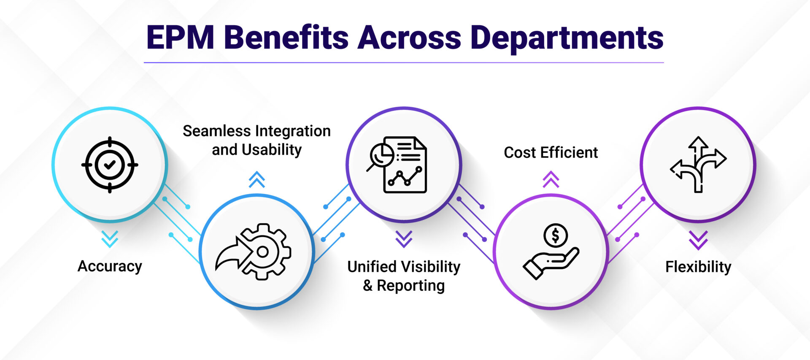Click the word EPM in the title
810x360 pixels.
180,38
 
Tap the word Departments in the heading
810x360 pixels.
567,38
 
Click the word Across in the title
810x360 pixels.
409,38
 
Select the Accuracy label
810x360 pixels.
110,266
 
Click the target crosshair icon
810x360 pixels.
110,165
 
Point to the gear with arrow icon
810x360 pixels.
254,252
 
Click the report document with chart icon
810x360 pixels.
397,165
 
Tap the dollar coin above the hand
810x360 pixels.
555,235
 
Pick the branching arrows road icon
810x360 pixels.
698,165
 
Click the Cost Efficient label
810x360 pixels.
551,152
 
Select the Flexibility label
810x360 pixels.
698,267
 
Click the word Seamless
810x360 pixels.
216,131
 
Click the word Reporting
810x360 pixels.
410,286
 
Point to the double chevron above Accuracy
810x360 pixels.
110,239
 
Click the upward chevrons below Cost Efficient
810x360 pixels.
551,179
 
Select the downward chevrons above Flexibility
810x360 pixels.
698,239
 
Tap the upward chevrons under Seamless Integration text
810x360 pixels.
256,179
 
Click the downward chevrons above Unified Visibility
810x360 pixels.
404,239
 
